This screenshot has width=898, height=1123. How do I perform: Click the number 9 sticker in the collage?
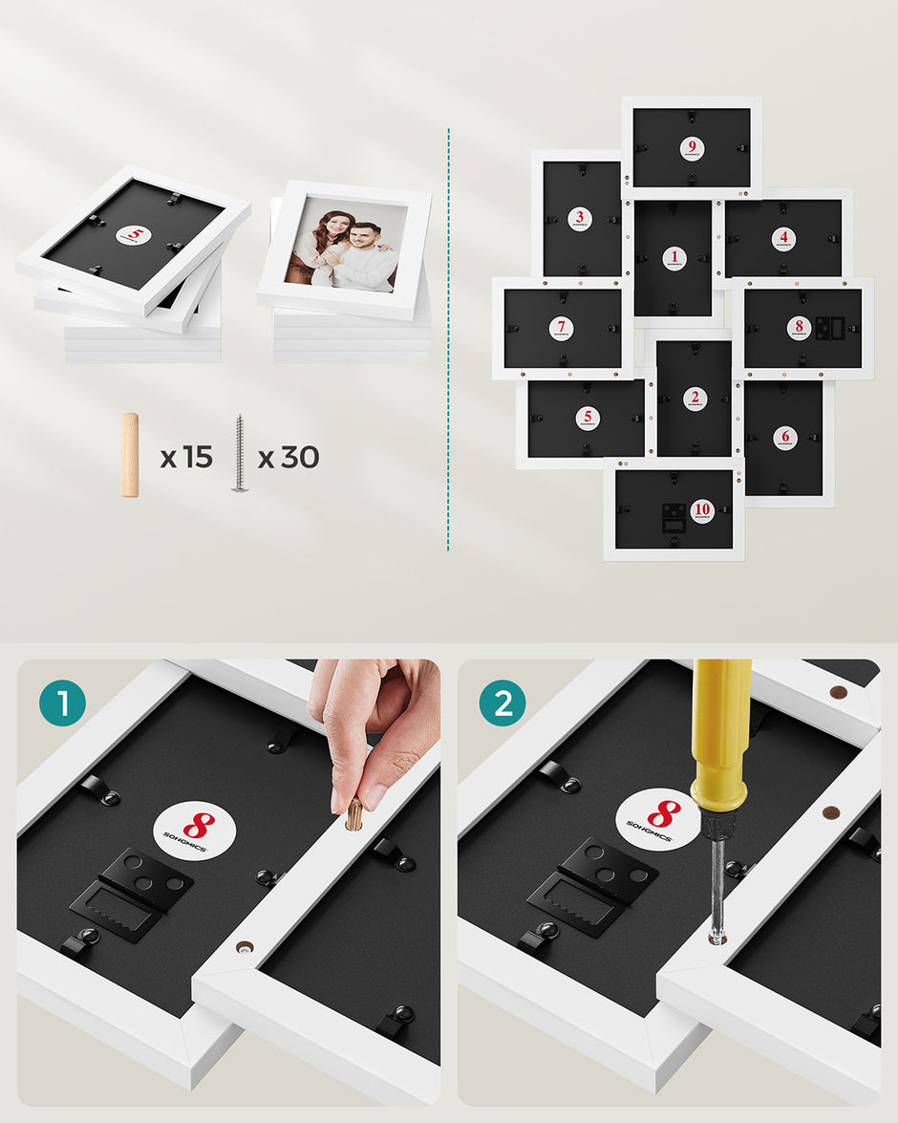click(x=692, y=148)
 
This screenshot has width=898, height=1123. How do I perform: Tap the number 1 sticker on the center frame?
click(x=674, y=256)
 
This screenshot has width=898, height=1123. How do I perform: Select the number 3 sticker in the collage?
click(x=579, y=219)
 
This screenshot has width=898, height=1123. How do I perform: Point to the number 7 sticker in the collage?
click(x=562, y=328)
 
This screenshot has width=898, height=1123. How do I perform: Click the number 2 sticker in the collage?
click(x=695, y=398)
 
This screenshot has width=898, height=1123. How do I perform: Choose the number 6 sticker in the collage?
click(x=784, y=436)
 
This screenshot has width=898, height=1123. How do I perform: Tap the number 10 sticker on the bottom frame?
click(x=702, y=510)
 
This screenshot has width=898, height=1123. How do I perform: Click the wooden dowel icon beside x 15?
click(x=130, y=455)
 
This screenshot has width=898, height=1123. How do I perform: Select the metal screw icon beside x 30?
click(x=239, y=454)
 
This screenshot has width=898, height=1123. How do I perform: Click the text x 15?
click(x=186, y=458)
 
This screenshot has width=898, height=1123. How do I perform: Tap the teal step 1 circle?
click(x=63, y=704)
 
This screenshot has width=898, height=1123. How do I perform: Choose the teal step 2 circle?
click(x=502, y=704)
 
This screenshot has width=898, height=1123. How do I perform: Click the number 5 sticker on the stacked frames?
click(x=134, y=234)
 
